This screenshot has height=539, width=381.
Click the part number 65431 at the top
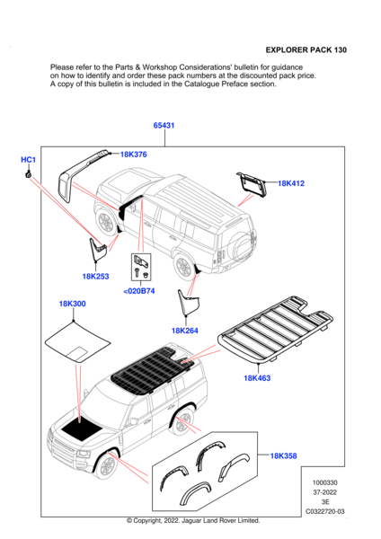[x=164, y=126]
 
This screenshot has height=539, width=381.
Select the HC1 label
[x=28, y=159]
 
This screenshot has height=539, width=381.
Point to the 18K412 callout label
[x=291, y=183]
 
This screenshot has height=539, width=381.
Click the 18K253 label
[x=95, y=277]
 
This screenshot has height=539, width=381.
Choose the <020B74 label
[x=138, y=291]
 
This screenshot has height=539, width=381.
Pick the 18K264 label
[x=184, y=331]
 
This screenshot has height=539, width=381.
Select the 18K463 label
[x=257, y=380]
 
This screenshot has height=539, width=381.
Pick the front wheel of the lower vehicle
[x=107, y=464]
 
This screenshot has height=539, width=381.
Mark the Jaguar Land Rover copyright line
[x=192, y=521]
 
